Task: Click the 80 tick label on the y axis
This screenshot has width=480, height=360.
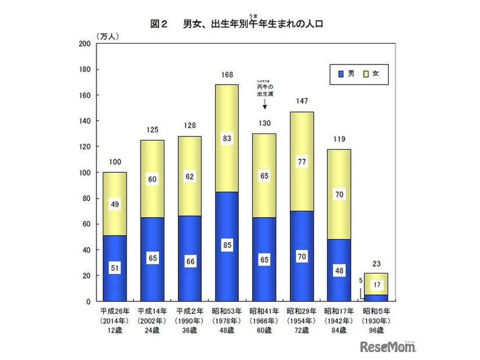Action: [85, 199]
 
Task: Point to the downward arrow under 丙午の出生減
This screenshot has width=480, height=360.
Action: [264, 105]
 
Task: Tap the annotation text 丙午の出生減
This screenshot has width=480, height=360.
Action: [264, 91]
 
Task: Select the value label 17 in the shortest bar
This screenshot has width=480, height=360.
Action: [376, 285]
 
